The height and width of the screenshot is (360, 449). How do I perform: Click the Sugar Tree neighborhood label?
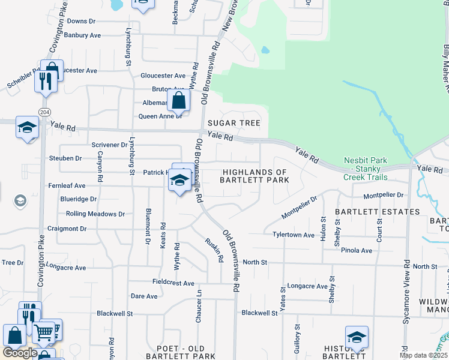234,123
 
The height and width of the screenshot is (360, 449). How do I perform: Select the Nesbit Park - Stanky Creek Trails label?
365,169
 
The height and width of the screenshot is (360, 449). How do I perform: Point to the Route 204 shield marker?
44,112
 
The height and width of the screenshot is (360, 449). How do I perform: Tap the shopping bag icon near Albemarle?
179,100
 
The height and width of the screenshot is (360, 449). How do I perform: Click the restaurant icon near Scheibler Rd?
45,80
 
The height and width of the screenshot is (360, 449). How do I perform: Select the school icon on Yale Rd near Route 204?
26,127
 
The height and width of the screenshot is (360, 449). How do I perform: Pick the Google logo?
20,353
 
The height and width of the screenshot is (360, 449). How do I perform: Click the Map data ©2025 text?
423,355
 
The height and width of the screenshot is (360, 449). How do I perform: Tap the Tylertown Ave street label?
294,235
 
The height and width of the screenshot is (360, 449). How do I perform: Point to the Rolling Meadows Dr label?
95,214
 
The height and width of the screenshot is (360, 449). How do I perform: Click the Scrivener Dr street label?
109,145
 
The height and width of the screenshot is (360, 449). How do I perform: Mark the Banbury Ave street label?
83,35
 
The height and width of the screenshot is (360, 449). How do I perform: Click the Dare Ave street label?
144,296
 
